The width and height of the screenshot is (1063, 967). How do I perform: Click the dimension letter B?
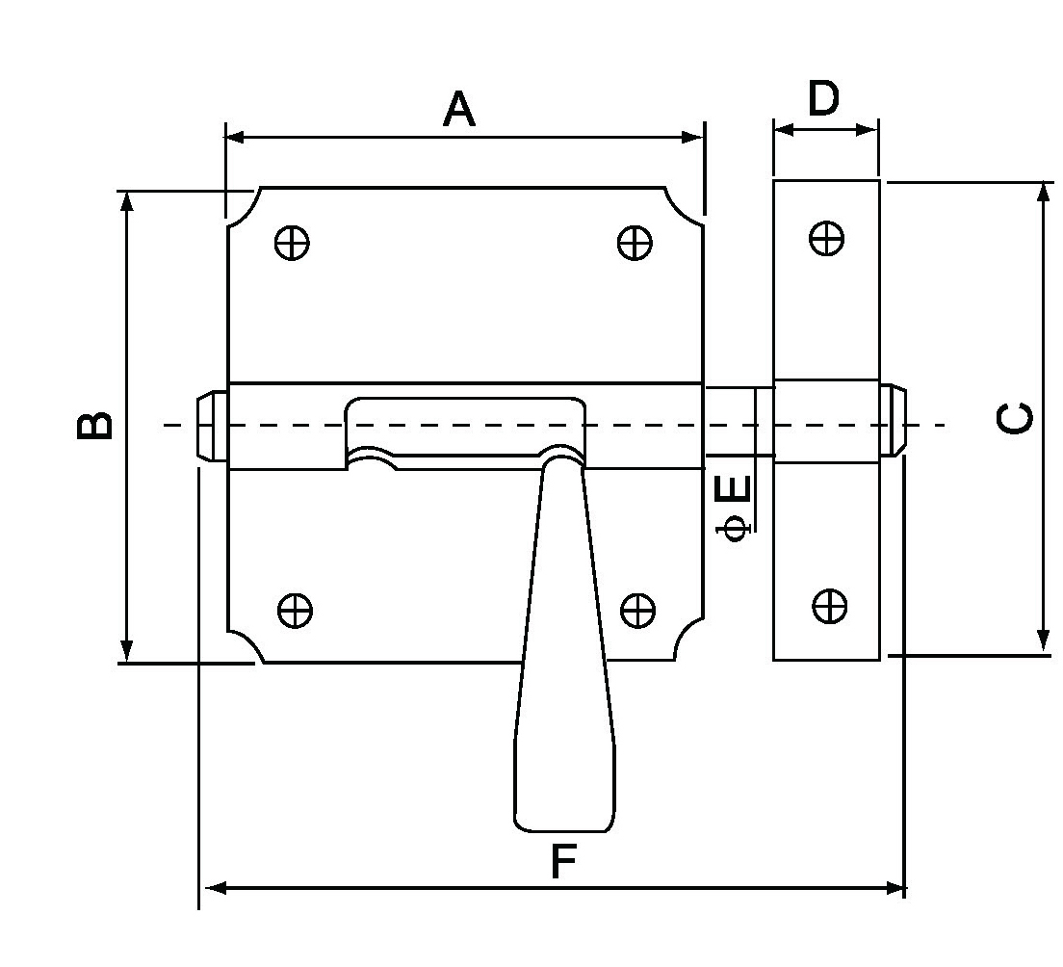[94, 425]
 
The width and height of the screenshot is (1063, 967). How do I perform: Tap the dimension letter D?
[823, 98]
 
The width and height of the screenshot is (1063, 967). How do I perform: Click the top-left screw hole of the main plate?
[292, 242]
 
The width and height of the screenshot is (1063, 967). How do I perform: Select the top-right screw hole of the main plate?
[635, 242]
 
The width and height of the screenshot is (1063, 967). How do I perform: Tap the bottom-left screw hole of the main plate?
[295, 610]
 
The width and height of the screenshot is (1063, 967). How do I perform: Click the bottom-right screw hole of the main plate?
[636, 610]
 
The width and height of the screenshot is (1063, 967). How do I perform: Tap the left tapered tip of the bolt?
[206, 425]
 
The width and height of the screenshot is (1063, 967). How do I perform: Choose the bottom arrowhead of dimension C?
[1043, 641]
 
